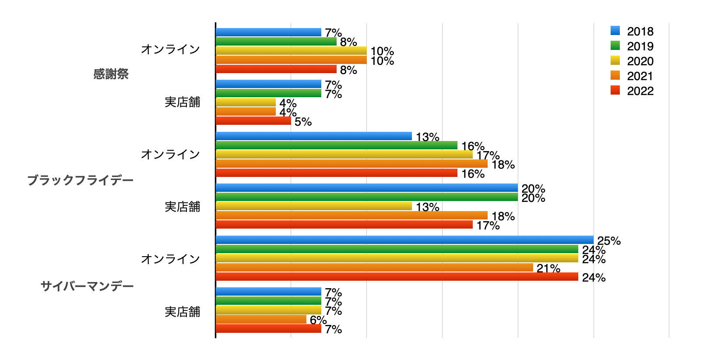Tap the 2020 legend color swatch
[x=615, y=60]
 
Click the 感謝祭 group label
[x=111, y=74]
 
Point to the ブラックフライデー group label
[x=81, y=180]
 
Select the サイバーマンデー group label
[x=87, y=286]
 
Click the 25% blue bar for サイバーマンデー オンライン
[x=404, y=240]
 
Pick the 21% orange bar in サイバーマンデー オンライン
[x=374, y=268]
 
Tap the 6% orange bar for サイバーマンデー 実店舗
[x=261, y=320]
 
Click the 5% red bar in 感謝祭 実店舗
[x=253, y=121]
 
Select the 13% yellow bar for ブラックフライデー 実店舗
[x=314, y=206]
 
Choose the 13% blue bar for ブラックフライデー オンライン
[x=314, y=136]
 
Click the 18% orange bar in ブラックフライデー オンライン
[x=351, y=164]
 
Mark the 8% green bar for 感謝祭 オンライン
[x=276, y=42]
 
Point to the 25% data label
[x=609, y=241]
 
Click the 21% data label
[x=548, y=268]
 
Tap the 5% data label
[x=303, y=122]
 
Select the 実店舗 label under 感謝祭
[x=182, y=102]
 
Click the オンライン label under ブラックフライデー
[x=170, y=154]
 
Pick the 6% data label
[x=318, y=320]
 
